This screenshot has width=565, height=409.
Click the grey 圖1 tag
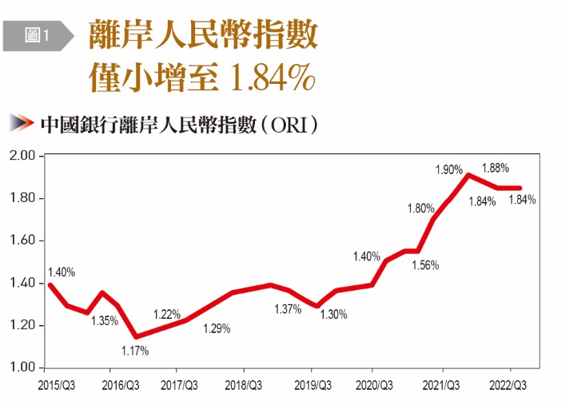38,36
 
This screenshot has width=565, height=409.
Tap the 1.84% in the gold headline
273,77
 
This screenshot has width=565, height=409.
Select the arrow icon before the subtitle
22,123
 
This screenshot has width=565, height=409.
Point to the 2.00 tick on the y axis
22,156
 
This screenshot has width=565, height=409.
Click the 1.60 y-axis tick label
22,240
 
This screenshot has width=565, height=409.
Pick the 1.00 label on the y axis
22,367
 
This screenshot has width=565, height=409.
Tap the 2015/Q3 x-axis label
57,386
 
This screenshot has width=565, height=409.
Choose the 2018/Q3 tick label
244,386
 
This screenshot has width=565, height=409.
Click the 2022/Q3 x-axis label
507,386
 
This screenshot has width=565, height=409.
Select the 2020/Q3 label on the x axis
374,386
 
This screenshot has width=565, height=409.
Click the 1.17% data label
135,351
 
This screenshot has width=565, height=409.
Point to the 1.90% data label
449,169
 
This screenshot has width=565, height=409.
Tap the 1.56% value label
426,266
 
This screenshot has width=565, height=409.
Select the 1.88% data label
495,168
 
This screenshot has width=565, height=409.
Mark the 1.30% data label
334,315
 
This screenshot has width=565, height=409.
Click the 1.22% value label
167,314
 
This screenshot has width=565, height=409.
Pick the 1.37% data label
288,309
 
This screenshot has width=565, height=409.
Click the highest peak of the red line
468,175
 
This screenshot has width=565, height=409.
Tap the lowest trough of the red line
136,336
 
